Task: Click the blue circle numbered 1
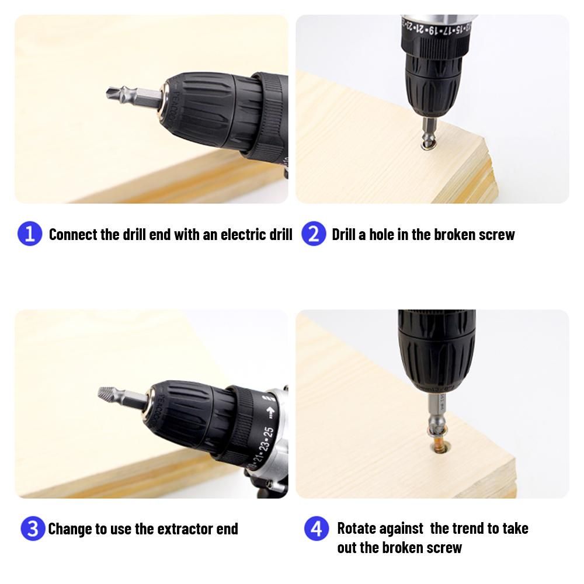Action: [30, 234]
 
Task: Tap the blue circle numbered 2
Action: [314, 234]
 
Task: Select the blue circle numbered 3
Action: [33, 528]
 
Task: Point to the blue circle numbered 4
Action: [317, 528]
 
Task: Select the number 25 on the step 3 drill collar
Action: [269, 434]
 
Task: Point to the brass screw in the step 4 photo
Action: [439, 446]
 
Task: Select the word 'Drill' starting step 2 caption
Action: [343, 235]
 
